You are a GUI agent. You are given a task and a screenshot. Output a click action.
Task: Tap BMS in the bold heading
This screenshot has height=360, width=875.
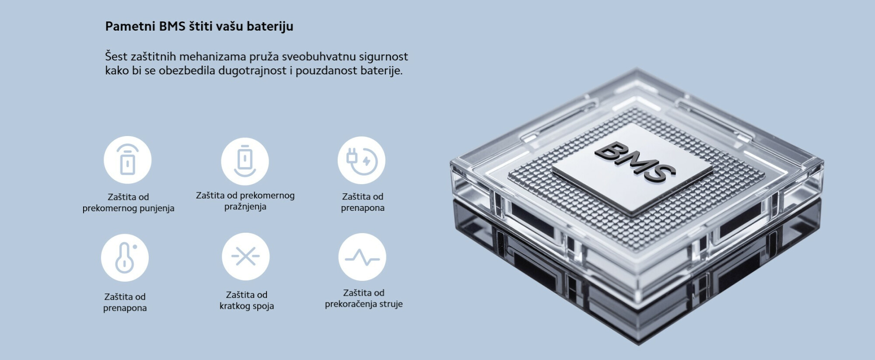pyautogui.click(x=172, y=26)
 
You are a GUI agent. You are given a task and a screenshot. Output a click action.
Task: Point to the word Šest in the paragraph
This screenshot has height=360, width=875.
pyautogui.click(x=116, y=56)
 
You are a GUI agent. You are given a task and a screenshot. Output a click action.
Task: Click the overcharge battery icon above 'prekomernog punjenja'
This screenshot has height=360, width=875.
pyautogui.click(x=127, y=160)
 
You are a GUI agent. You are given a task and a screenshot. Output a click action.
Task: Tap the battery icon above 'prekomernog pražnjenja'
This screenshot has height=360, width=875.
pyautogui.click(x=245, y=161)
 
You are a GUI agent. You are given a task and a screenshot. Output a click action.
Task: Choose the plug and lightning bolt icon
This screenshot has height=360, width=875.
pyautogui.click(x=361, y=160)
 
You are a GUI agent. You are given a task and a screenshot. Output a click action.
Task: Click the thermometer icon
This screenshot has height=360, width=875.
pyautogui.click(x=125, y=258)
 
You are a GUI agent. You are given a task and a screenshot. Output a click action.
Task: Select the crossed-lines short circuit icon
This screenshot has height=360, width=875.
pyautogui.click(x=245, y=256)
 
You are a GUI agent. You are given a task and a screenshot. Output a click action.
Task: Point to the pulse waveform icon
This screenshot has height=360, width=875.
pyautogui.click(x=362, y=257)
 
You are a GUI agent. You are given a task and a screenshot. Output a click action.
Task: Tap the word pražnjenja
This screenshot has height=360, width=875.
pyautogui.click(x=245, y=207)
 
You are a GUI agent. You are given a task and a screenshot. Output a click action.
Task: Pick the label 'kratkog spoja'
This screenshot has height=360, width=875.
pyautogui.click(x=247, y=306)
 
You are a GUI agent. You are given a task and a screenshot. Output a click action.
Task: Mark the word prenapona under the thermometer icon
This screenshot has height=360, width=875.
pyautogui.click(x=125, y=308)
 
